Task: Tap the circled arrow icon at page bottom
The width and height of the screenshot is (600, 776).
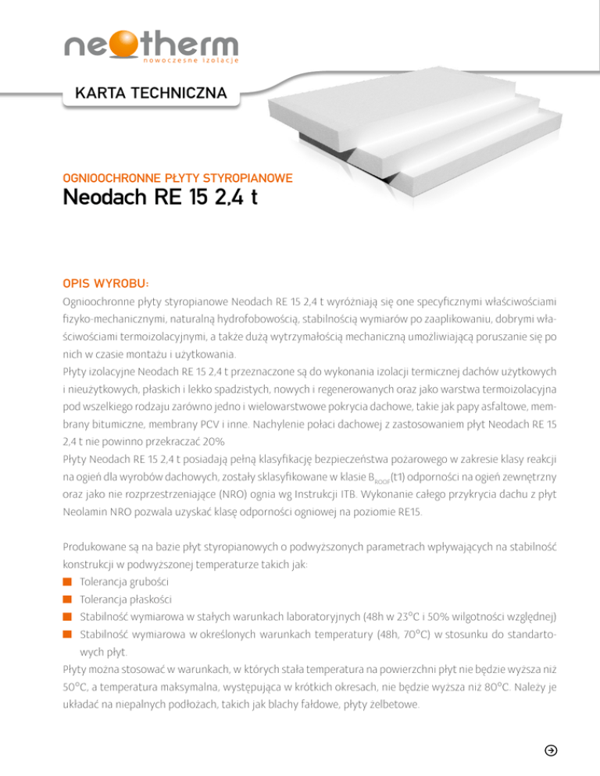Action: (x=550, y=750)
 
